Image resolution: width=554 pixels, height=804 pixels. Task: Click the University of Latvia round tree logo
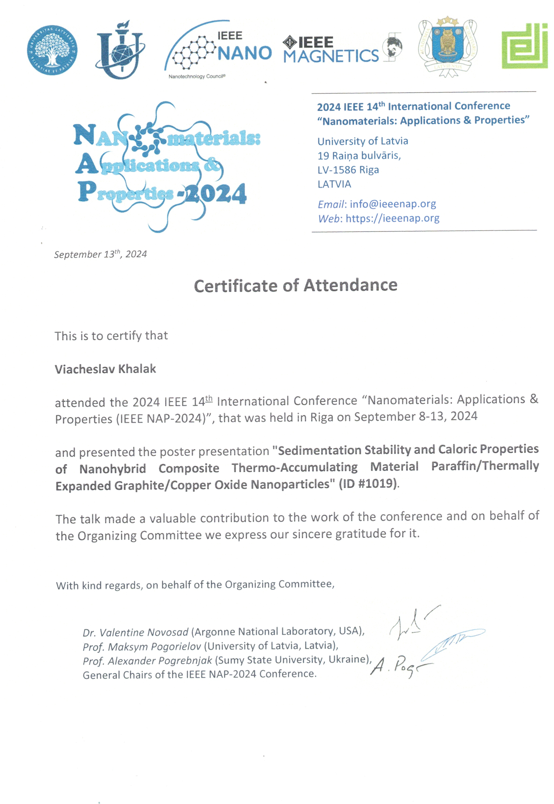pyautogui.click(x=52, y=50)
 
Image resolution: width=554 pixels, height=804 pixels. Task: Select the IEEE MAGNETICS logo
pyautogui.click(x=332, y=50)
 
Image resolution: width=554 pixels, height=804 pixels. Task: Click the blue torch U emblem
pyautogui.click(x=120, y=50)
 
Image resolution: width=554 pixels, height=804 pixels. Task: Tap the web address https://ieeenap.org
pyautogui.click(x=392, y=218)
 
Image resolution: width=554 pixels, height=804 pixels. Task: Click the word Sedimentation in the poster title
pyautogui.click(x=319, y=450)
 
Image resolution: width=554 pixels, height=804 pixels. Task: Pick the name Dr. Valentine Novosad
pyautogui.click(x=135, y=632)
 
